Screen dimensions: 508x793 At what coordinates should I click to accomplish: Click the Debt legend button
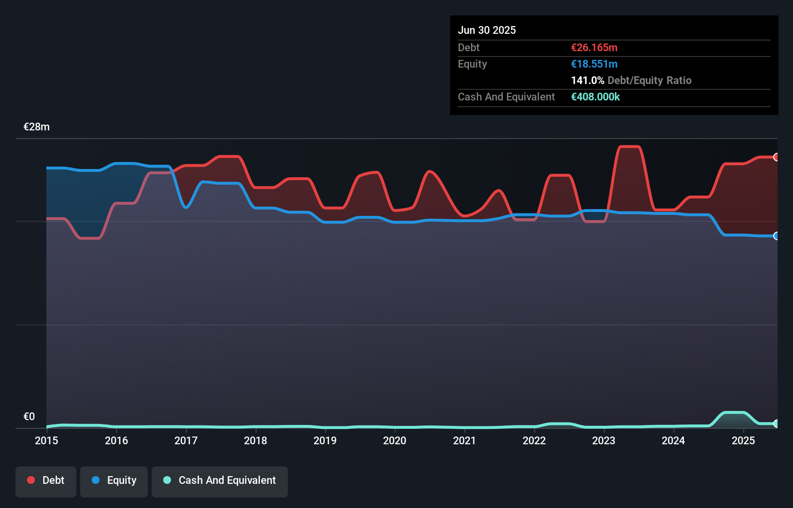point(46,481)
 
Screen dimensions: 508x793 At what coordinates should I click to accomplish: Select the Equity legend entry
point(114,481)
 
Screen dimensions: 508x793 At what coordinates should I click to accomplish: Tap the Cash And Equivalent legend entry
point(220,481)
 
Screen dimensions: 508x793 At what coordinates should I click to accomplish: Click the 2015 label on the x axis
point(46,440)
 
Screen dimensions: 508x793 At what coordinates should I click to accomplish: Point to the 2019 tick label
point(325,440)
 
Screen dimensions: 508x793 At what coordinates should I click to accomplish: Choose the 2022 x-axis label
point(534,440)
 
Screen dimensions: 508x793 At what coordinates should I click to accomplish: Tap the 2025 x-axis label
point(743,440)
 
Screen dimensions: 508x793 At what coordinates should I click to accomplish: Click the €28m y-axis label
point(37,127)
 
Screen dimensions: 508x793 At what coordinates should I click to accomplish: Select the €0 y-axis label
point(29,417)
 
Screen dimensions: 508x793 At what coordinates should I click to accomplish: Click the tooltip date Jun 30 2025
point(487,30)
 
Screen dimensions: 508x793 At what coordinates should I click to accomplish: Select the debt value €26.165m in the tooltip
point(594,48)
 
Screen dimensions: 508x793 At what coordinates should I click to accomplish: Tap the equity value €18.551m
point(594,64)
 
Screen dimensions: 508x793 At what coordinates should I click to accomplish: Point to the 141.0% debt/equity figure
point(587,81)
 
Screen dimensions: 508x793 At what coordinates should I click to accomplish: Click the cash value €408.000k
point(595,97)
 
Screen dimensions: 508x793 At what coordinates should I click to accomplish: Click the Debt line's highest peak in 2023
point(630,147)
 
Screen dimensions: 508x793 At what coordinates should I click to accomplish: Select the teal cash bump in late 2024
point(734,413)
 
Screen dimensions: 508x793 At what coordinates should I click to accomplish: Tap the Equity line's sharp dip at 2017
point(186,207)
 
